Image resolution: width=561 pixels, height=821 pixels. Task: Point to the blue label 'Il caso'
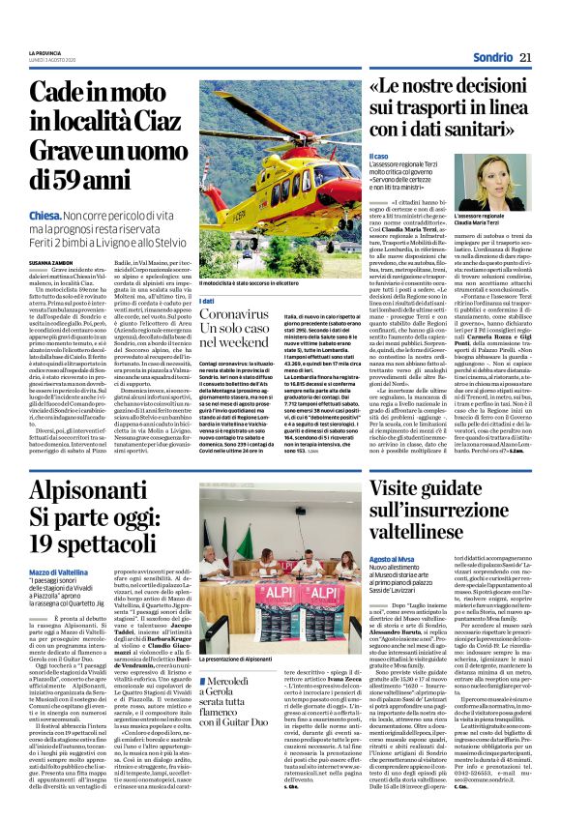(379, 157)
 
